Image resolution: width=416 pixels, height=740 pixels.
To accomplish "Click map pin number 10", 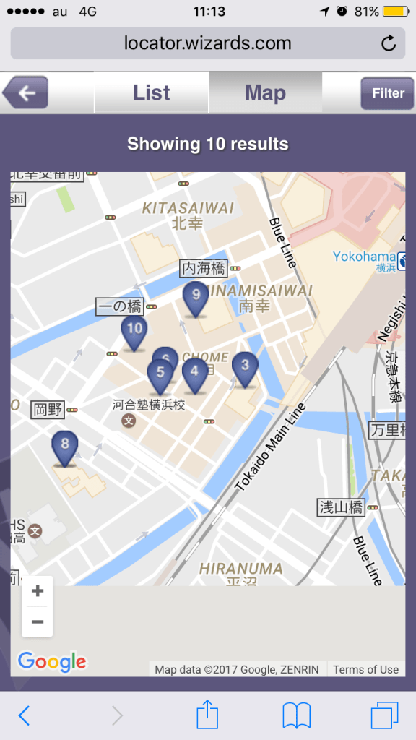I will [x=134, y=330].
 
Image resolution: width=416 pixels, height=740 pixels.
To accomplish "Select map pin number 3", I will [x=245, y=367].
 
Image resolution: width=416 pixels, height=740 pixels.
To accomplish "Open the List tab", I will [x=152, y=92].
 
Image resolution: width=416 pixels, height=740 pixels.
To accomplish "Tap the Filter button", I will [x=388, y=92].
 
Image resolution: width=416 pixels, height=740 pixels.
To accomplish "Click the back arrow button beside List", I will [x=25, y=92].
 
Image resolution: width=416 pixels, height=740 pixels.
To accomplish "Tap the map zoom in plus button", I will [x=38, y=591].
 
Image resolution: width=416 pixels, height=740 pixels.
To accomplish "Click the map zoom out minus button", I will [x=38, y=621].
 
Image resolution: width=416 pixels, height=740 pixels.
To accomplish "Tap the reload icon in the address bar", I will [x=389, y=43].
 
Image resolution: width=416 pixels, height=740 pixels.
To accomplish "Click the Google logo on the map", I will [x=52, y=661].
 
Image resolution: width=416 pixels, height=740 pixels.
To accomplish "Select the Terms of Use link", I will [x=365, y=670].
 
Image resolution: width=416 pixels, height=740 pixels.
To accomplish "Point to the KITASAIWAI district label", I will [x=188, y=208].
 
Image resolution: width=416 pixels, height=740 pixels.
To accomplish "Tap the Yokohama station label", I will [x=364, y=257].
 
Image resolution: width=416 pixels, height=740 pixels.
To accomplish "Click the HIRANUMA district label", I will [x=241, y=569].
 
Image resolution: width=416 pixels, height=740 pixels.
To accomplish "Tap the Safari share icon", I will [x=207, y=715].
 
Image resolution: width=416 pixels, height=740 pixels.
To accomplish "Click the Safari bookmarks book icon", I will [x=296, y=715].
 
